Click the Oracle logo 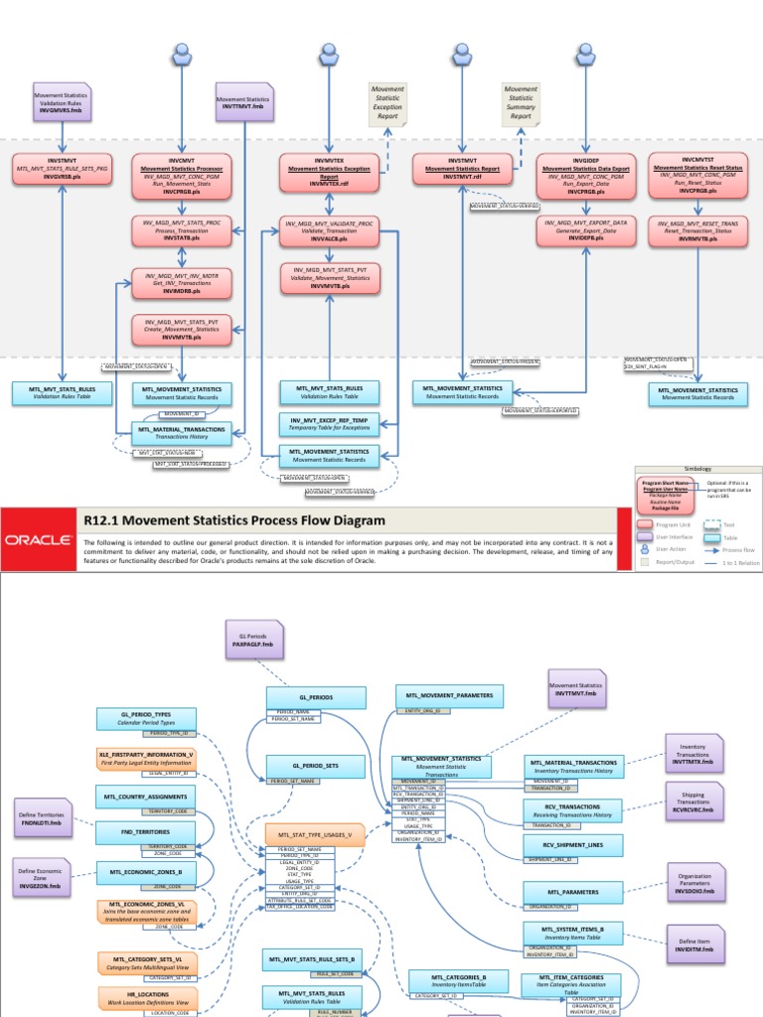click(x=37, y=540)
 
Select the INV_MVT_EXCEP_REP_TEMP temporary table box click(x=329, y=425)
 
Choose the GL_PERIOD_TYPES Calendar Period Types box click(x=146, y=720)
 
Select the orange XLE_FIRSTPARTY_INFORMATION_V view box click(x=146, y=759)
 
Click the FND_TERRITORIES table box click(x=146, y=830)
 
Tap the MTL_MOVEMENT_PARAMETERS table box click(x=449, y=695)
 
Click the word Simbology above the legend click(x=697, y=469)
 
